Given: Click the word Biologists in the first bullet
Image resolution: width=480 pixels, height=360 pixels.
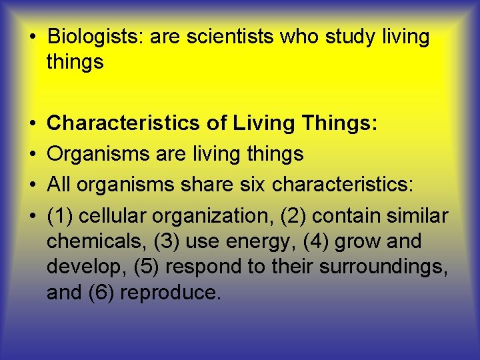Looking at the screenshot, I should pos(95,37).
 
